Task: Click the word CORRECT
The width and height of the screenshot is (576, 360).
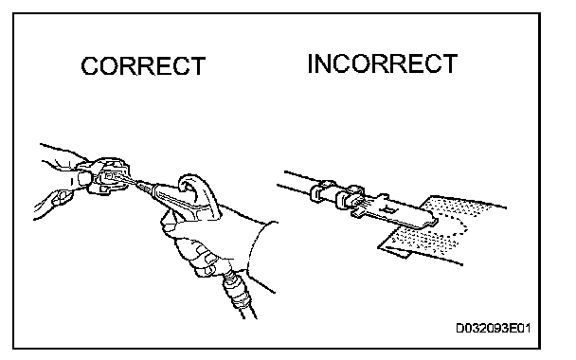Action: [143, 66]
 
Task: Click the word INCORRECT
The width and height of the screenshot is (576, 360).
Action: [382, 63]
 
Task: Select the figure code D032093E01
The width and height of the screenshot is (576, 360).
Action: [493, 328]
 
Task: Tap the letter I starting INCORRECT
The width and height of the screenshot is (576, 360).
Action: [311, 63]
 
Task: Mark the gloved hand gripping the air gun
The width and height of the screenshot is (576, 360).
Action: [206, 239]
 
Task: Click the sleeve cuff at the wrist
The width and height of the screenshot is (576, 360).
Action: [261, 250]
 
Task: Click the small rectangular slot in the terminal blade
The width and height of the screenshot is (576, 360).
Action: [389, 209]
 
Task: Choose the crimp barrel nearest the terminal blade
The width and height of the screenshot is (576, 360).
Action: [350, 197]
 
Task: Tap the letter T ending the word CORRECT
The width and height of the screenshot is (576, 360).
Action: [198, 66]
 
